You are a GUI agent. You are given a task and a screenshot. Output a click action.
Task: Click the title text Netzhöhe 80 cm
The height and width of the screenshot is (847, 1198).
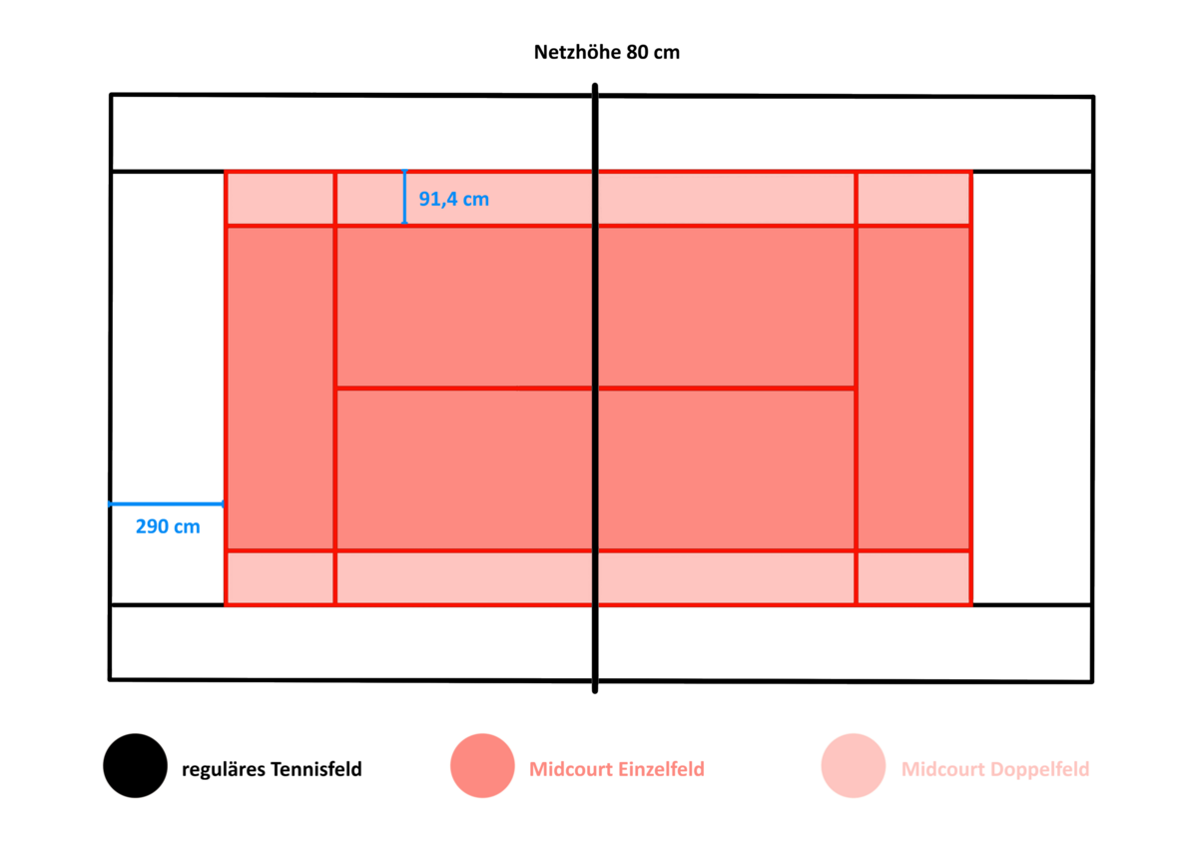[x=607, y=52]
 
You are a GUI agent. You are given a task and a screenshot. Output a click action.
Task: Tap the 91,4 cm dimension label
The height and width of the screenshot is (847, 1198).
[x=453, y=199]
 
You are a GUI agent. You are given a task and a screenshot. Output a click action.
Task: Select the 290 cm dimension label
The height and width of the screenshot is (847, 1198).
[x=168, y=526]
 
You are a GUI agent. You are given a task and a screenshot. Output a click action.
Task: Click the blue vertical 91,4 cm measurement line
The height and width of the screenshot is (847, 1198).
[x=405, y=197]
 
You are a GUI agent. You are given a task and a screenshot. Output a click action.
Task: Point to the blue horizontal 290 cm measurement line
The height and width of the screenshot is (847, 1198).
[x=167, y=504]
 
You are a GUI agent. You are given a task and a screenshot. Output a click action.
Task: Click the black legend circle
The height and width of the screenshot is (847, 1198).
[x=136, y=766]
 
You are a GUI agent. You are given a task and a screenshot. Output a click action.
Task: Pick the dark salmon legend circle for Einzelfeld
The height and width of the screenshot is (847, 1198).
[x=482, y=766]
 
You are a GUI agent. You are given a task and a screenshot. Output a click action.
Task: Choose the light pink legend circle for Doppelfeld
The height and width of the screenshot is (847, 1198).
[x=854, y=766]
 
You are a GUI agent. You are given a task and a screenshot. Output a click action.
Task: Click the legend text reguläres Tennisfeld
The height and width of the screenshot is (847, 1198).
[x=272, y=769]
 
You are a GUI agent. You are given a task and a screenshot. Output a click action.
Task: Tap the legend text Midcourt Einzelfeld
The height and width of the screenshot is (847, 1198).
[x=617, y=769]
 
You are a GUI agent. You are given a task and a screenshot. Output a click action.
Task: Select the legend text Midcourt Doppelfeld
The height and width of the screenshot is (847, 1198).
[x=995, y=769]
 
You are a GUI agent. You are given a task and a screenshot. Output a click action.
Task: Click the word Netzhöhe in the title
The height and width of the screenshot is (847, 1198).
[x=577, y=52]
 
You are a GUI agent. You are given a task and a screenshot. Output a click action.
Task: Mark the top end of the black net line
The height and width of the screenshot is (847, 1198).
[x=595, y=85]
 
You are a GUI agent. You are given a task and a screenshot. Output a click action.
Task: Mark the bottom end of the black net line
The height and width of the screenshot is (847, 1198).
[x=595, y=691]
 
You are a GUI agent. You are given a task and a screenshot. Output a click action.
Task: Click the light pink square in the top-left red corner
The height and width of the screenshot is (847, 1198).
[x=281, y=198]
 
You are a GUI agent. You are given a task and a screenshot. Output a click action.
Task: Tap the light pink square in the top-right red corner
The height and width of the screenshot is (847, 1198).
[x=914, y=198]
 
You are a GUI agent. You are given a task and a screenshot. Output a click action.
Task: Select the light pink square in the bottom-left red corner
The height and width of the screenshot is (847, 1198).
[x=281, y=577]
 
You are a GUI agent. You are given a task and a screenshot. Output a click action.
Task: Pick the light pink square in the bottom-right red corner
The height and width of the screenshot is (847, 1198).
[x=914, y=577]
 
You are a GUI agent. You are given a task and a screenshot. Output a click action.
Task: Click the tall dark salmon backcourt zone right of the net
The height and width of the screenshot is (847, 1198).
[x=914, y=388]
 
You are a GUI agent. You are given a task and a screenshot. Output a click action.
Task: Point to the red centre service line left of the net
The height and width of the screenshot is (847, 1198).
[x=464, y=388]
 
